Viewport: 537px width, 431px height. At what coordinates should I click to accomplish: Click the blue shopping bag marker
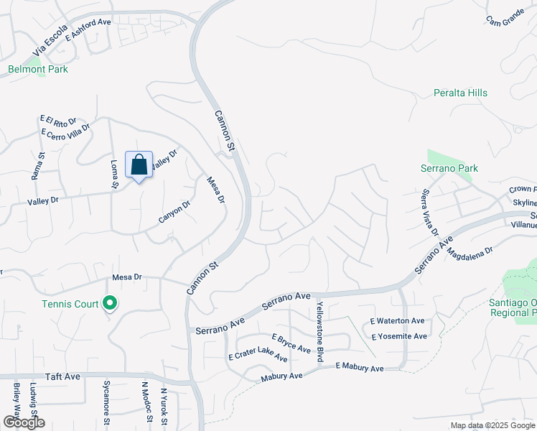point(139,165)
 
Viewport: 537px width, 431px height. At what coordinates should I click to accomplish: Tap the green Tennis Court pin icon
point(110,304)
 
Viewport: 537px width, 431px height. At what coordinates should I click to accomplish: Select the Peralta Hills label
point(460,93)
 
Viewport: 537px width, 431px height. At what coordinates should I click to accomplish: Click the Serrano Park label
point(449,169)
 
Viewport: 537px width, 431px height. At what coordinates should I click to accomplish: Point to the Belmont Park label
point(37,70)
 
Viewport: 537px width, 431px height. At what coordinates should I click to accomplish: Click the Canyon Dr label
point(174,211)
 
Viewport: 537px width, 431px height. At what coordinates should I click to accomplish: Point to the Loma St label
point(113,173)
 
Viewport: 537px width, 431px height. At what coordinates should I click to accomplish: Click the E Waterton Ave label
point(398,321)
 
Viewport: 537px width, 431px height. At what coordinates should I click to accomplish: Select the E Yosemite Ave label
point(398,336)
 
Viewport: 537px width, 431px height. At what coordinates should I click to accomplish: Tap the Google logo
point(24,422)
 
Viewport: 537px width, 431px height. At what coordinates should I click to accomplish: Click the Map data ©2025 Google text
point(492,425)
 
